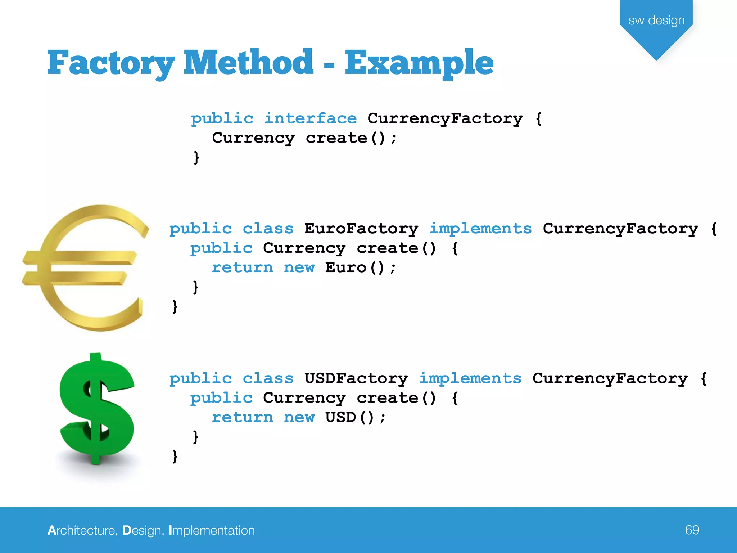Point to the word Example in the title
(x=419, y=63)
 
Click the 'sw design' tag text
(x=656, y=21)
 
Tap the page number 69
(x=692, y=530)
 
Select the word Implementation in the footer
(x=212, y=531)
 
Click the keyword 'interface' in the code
(x=311, y=118)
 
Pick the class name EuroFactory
(x=361, y=229)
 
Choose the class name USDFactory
(x=356, y=378)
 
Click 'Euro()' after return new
(x=355, y=267)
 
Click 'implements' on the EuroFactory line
(x=480, y=229)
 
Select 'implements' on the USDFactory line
(x=470, y=378)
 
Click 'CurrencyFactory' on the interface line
(x=445, y=118)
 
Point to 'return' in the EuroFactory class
(x=243, y=267)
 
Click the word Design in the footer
(x=141, y=531)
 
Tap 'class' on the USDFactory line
(x=268, y=378)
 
